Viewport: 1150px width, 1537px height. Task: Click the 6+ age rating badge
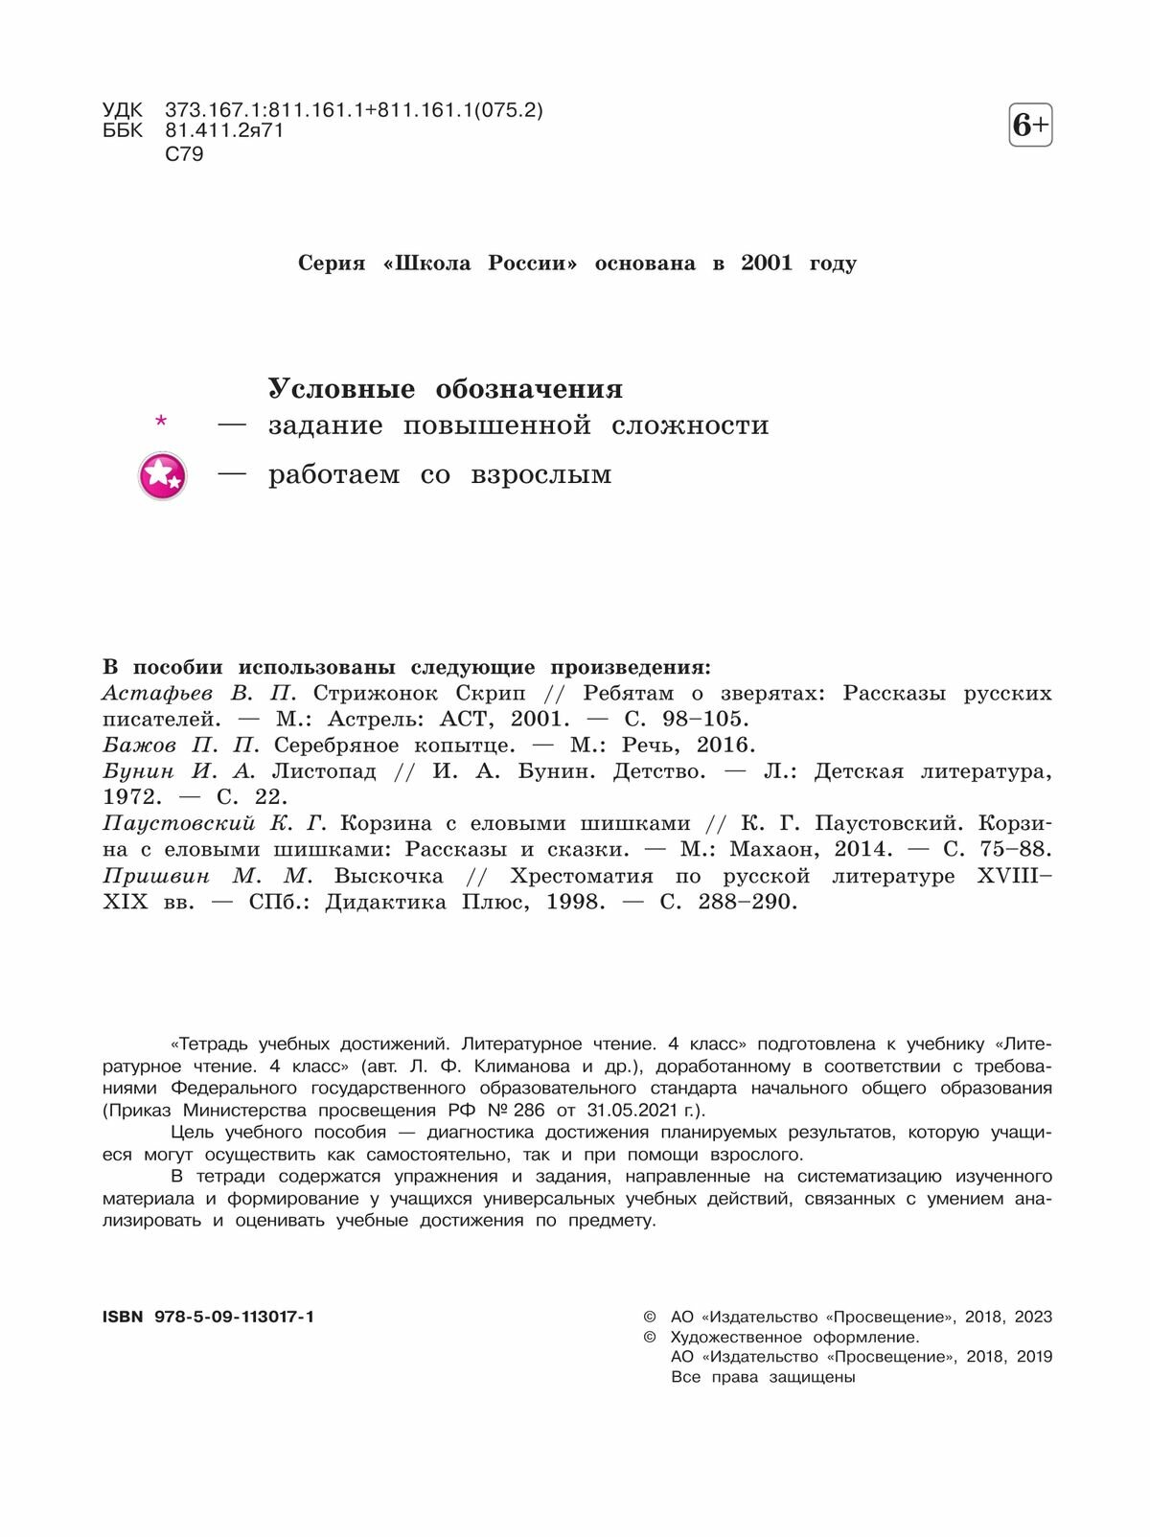(1030, 126)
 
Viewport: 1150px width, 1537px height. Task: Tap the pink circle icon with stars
(162, 476)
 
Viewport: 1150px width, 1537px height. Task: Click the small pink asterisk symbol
(161, 422)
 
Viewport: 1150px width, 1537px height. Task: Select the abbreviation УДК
(123, 110)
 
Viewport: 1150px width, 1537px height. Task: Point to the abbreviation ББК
(123, 131)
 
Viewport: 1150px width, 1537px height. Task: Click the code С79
(184, 154)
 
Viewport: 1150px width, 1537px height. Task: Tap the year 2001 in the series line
(767, 264)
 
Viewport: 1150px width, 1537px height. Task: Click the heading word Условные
(341, 389)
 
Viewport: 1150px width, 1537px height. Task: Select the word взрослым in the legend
(540, 475)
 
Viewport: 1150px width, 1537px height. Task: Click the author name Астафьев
(157, 694)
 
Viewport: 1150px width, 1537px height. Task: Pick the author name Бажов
(140, 746)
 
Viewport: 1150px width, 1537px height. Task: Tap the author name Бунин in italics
(139, 771)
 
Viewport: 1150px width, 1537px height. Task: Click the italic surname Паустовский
(179, 823)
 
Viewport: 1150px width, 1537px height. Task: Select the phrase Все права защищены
(763, 1377)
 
